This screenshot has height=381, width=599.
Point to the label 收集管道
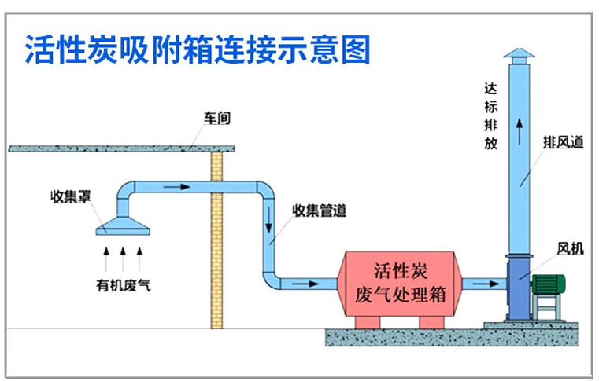click(319, 211)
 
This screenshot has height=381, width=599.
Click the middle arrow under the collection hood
click(123, 253)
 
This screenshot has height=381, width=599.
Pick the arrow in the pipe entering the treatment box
click(302, 282)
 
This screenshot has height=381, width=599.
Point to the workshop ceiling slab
click(123, 148)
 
